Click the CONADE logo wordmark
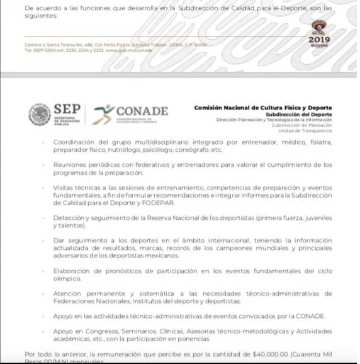coord(142,111)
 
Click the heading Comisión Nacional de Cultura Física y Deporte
coord(272,108)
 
